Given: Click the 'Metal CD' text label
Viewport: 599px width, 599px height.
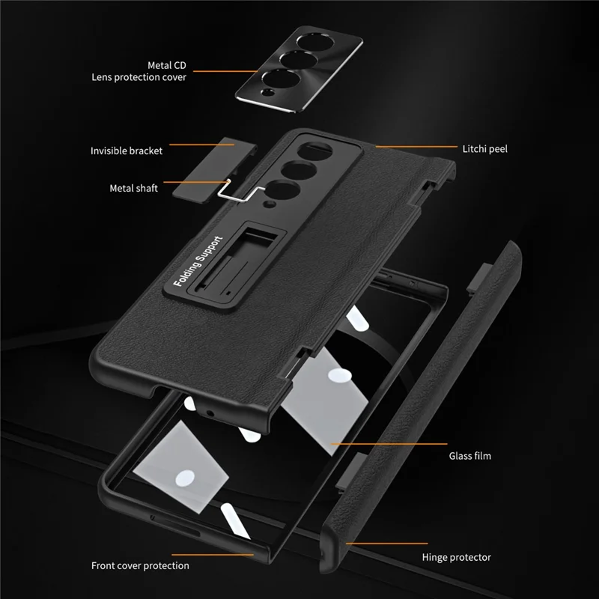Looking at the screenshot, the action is [x=166, y=65].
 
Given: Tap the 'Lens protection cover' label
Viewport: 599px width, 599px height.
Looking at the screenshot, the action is [x=139, y=77].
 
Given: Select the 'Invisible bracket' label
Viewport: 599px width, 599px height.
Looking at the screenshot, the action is [x=127, y=151].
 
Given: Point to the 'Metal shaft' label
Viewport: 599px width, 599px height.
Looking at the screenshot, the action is [x=134, y=188].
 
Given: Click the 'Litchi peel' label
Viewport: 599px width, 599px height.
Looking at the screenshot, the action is [x=484, y=149].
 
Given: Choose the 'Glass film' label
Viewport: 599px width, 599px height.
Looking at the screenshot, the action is [x=470, y=456].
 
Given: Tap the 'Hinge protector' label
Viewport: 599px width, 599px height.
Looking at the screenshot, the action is [x=456, y=557].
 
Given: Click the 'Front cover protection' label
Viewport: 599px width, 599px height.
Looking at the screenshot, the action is [x=140, y=565].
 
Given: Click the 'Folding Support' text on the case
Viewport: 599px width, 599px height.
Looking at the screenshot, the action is [x=198, y=261].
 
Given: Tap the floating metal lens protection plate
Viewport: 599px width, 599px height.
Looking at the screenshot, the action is [x=299, y=69].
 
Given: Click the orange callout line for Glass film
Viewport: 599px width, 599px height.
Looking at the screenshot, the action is [x=389, y=444].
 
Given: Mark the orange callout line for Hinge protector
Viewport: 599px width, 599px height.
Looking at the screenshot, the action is [x=386, y=544].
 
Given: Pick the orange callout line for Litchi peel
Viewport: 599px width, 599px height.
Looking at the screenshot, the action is [x=416, y=146].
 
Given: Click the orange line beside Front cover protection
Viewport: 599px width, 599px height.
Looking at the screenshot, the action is [x=213, y=555].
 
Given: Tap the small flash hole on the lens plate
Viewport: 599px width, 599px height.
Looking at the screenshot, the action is [x=268, y=92].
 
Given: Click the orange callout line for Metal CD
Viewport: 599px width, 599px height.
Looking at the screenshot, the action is [x=225, y=71].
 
